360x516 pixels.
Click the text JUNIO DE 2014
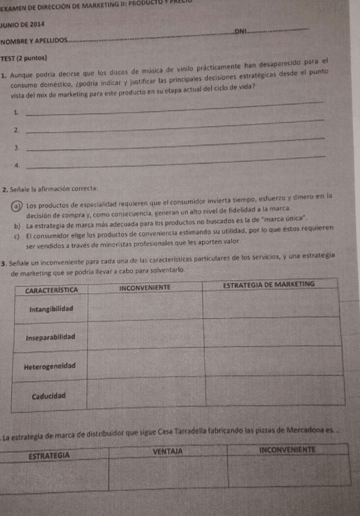pyautogui.click(x=22, y=24)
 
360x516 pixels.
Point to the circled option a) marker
pyautogui.click(x=21, y=204)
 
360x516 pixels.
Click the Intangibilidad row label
pyautogui.click(x=51, y=309)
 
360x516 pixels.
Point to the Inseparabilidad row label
pyautogui.click(x=51, y=337)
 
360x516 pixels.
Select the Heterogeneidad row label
pyautogui.click(x=50, y=366)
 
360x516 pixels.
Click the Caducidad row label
pyautogui.click(x=50, y=395)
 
